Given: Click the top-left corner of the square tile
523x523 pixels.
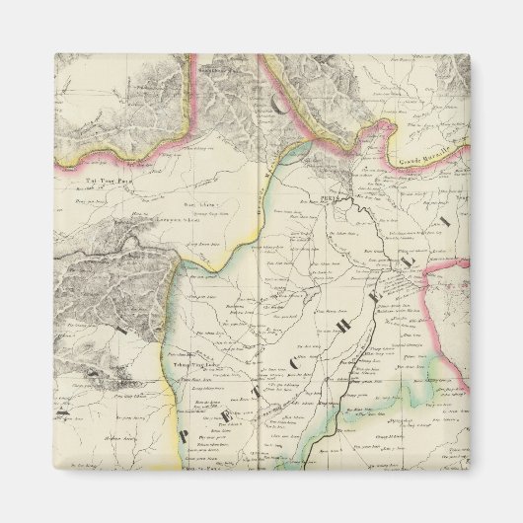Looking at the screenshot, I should point(55,55).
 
